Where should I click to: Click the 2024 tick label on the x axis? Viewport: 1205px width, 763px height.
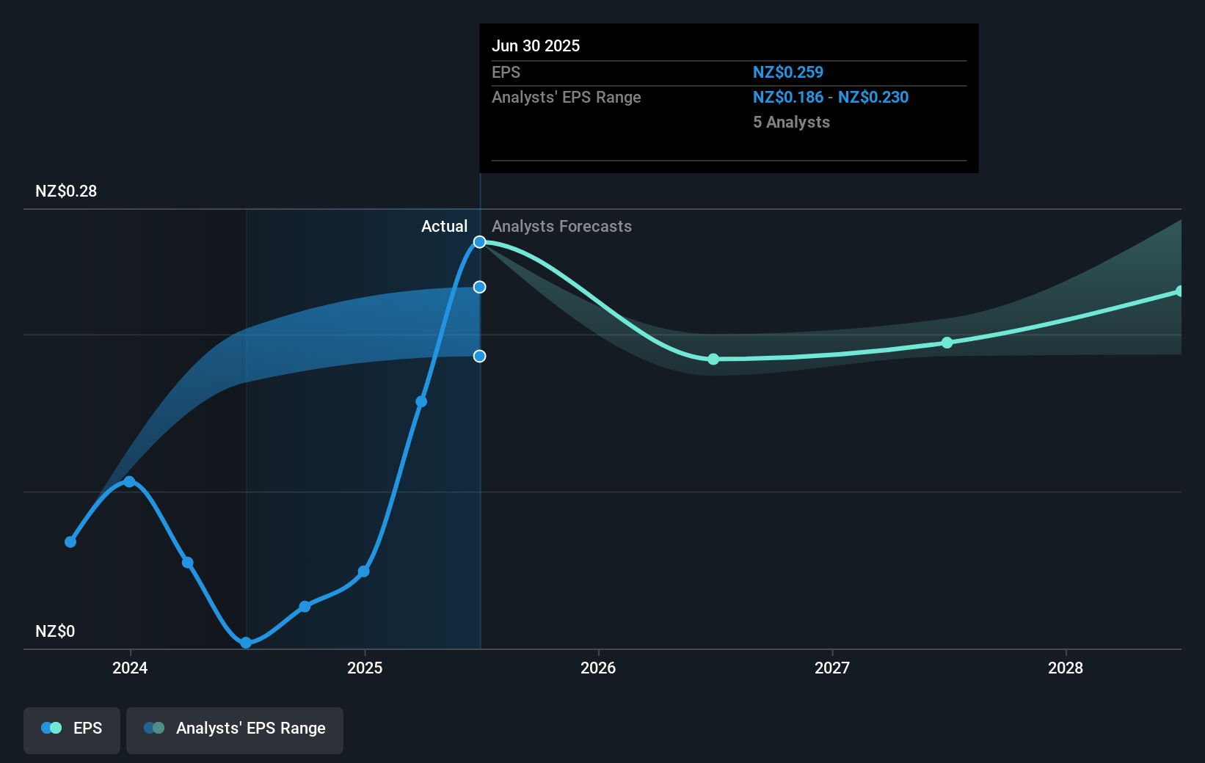(x=130, y=668)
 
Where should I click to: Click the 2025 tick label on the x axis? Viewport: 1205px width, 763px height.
(x=365, y=668)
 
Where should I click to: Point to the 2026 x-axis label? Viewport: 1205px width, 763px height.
(x=598, y=668)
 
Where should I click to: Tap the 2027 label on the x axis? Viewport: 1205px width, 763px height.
(x=832, y=668)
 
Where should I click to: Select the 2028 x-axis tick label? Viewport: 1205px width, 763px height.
(x=1066, y=668)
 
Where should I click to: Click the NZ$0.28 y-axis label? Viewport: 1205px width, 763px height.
(x=66, y=191)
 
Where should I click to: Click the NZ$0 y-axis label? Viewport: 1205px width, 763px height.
(x=55, y=632)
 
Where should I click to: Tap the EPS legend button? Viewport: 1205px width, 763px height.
(x=72, y=729)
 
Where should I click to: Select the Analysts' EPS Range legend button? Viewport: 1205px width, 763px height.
(x=235, y=729)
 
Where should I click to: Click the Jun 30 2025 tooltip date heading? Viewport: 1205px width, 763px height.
(x=536, y=46)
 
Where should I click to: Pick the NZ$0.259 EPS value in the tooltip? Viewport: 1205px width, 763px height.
(x=788, y=73)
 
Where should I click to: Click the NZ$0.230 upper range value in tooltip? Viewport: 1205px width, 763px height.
(x=873, y=98)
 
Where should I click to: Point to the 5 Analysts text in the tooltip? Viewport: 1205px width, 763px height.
(x=791, y=123)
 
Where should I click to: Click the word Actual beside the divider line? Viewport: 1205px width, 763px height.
(x=444, y=227)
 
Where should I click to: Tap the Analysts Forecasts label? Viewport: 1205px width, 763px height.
(x=561, y=227)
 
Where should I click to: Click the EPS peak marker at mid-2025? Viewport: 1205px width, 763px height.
(x=479, y=242)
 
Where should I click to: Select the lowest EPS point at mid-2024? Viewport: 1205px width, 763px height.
(x=246, y=643)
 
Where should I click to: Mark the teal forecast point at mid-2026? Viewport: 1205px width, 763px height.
(x=713, y=359)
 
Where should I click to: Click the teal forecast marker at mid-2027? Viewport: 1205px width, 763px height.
(x=947, y=343)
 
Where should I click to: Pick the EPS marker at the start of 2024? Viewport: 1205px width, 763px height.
(x=129, y=482)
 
